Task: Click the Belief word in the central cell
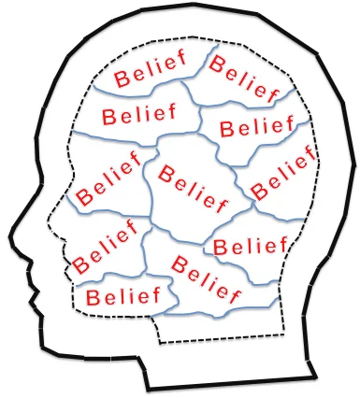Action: click(x=195, y=184)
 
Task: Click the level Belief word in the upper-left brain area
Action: click(x=138, y=117)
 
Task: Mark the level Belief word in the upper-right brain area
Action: click(x=254, y=125)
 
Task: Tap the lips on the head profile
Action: click(x=25, y=286)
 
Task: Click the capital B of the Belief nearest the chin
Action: click(x=91, y=298)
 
